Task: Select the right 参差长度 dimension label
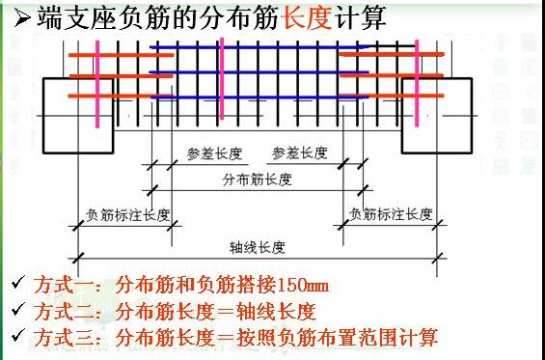tap(300, 153)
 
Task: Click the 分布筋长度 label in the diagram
tap(255, 180)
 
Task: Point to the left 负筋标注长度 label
tap(127, 214)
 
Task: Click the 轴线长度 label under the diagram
tap(258, 247)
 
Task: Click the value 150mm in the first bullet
tap(302, 287)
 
